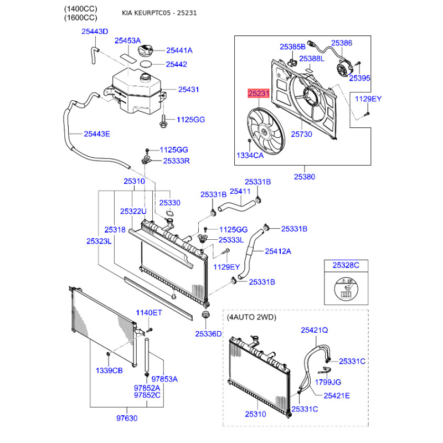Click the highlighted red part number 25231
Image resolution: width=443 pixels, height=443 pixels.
[x=259, y=93]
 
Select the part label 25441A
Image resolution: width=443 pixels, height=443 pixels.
[x=179, y=50]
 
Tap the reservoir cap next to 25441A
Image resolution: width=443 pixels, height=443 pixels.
[x=145, y=51]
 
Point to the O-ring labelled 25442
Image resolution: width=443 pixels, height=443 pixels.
[x=146, y=64]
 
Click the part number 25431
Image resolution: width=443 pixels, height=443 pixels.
[x=188, y=90]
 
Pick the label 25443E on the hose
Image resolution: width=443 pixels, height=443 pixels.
[x=96, y=134]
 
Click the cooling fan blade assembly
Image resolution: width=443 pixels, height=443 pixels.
[x=266, y=131]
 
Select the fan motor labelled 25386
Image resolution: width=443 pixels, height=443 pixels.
[x=344, y=70]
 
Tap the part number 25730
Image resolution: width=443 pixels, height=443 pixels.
[x=301, y=134]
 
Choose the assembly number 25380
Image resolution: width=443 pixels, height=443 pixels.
[x=304, y=177]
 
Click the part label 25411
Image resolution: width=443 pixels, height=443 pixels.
[x=240, y=192]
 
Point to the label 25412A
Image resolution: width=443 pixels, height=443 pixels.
[x=278, y=251]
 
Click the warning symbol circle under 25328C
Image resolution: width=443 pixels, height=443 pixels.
[x=346, y=289]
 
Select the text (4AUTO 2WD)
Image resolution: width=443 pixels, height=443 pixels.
[x=251, y=317]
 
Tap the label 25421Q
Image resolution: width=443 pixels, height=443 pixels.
[x=314, y=330]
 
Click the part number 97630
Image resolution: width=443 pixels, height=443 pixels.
[x=127, y=418]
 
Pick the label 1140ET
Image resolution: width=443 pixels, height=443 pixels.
[x=149, y=313]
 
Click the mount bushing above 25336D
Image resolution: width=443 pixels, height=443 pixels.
[x=205, y=315]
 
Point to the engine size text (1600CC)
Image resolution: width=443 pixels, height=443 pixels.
[x=80, y=18]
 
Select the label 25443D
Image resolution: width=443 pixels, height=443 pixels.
[x=95, y=32]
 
